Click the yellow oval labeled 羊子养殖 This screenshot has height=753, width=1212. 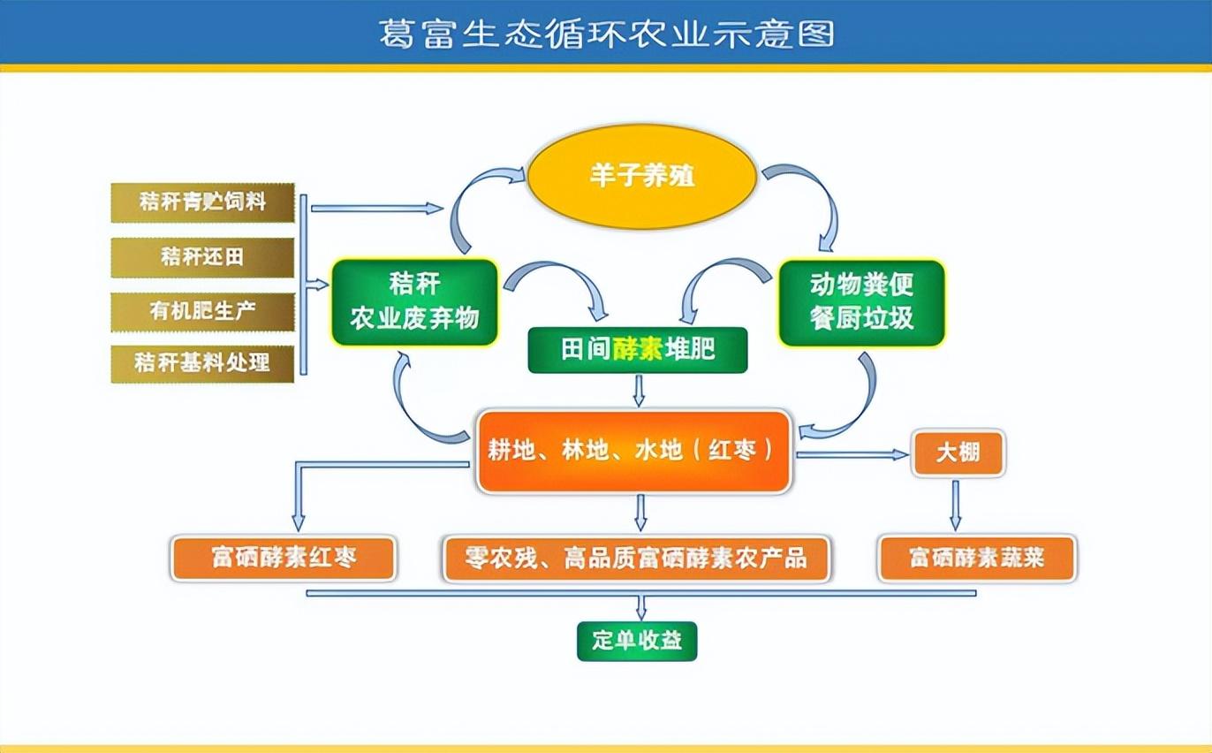pyautogui.click(x=642, y=175)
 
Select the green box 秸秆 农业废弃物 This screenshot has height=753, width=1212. pyautogui.click(x=414, y=301)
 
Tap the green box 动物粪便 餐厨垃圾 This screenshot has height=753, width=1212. pyautogui.click(x=861, y=301)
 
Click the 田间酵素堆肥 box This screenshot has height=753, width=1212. pyautogui.click(x=637, y=350)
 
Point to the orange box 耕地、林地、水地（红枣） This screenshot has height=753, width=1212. pyautogui.click(x=633, y=451)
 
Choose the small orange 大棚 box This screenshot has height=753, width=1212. pyautogui.click(x=958, y=453)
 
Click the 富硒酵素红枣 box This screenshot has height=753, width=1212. pyautogui.click(x=284, y=558)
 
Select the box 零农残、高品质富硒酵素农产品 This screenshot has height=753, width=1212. pyautogui.click(x=636, y=558)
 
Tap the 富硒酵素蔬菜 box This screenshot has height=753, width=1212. pyautogui.click(x=977, y=558)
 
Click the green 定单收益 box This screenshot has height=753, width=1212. pyautogui.click(x=637, y=641)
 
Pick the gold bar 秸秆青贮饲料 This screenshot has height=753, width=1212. pyautogui.click(x=202, y=202)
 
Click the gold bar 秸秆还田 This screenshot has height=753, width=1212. pyautogui.click(x=202, y=257)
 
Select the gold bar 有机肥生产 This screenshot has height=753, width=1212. pyautogui.click(x=202, y=310)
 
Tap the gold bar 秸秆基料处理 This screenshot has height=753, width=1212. pyautogui.click(x=202, y=362)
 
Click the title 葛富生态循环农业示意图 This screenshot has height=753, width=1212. pyautogui.click(x=606, y=34)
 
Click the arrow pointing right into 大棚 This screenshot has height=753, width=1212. pyautogui.click(x=852, y=454)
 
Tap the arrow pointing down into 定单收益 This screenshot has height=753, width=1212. pyautogui.click(x=641, y=607)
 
